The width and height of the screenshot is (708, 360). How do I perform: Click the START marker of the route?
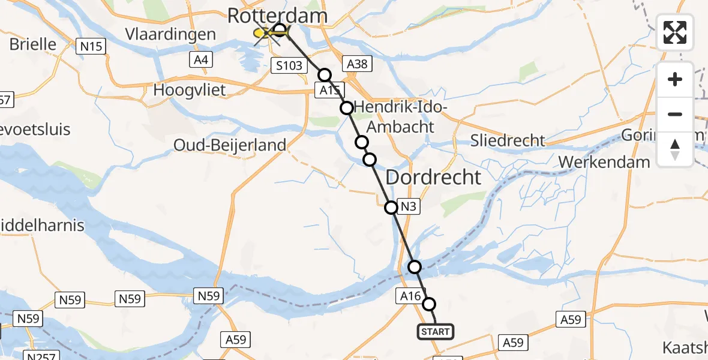[436, 332]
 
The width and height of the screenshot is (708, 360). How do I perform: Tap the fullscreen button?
[675, 32]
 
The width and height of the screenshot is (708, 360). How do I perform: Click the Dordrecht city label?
[433, 177]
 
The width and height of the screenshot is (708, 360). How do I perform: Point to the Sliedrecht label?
[508, 140]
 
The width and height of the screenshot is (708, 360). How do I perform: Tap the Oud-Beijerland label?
[230, 145]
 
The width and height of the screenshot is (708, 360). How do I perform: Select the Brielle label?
[33, 44]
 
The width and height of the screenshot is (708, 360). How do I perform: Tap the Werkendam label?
[604, 161]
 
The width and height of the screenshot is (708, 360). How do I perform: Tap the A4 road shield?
[201, 59]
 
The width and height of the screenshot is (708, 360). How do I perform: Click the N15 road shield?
[91, 45]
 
